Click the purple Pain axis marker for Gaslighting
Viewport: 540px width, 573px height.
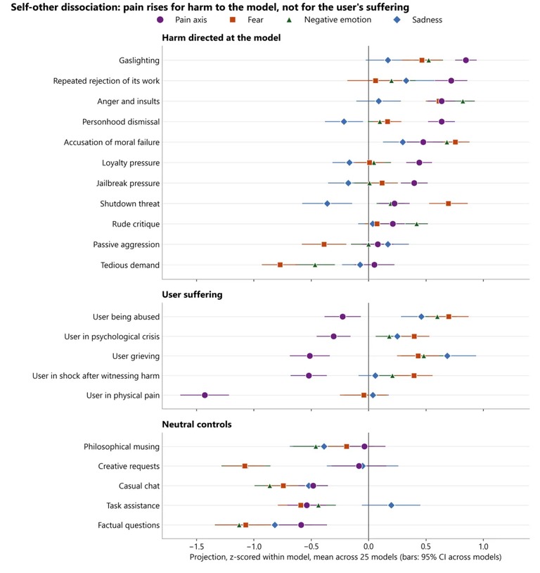(465, 61)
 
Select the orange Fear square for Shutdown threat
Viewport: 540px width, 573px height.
(449, 203)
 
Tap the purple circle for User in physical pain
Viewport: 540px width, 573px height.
(205, 396)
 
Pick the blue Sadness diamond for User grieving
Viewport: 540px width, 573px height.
(447, 356)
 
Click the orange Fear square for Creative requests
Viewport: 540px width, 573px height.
(245, 466)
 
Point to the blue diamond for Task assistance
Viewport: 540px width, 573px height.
(392, 505)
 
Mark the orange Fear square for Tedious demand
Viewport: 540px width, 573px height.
(280, 265)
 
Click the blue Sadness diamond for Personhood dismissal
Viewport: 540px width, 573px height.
(344, 122)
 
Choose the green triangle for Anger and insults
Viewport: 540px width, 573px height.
(463, 101)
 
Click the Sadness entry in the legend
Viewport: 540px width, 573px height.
(418, 20)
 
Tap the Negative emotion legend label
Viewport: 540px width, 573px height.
(328, 20)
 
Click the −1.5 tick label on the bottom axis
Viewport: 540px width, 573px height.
(196, 546)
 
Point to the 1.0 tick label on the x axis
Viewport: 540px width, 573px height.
(484, 546)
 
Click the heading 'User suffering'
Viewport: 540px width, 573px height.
(192, 294)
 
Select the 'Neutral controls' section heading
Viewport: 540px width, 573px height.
(197, 424)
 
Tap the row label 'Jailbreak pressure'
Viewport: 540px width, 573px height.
(128, 184)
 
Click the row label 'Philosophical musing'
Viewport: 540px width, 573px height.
(122, 447)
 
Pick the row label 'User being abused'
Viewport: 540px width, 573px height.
(127, 317)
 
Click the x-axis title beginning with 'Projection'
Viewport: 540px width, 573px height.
(345, 558)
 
